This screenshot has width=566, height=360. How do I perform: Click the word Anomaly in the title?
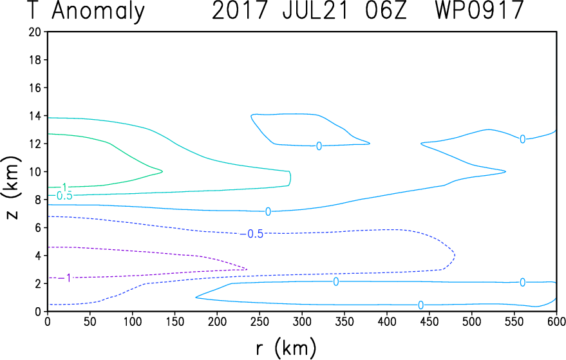click(98, 12)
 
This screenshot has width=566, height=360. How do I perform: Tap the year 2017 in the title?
click(241, 10)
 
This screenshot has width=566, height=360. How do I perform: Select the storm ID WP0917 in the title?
click(480, 10)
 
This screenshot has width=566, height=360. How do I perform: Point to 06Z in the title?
click(386, 10)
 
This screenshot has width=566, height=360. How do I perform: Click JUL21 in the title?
click(316, 10)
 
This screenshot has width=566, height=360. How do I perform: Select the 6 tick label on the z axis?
click(37, 227)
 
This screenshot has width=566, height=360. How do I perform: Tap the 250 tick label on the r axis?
click(259, 321)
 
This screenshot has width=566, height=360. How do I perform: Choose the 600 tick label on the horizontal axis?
click(556, 321)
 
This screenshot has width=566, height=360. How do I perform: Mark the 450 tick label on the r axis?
click(429, 321)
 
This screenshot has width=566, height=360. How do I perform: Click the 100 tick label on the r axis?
click(132, 321)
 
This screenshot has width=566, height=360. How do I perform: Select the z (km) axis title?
click(12, 188)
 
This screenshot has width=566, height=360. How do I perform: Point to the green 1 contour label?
click(64, 187)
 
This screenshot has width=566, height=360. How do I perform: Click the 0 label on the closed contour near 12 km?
click(319, 146)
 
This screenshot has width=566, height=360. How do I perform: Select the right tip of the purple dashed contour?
click(247, 269)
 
